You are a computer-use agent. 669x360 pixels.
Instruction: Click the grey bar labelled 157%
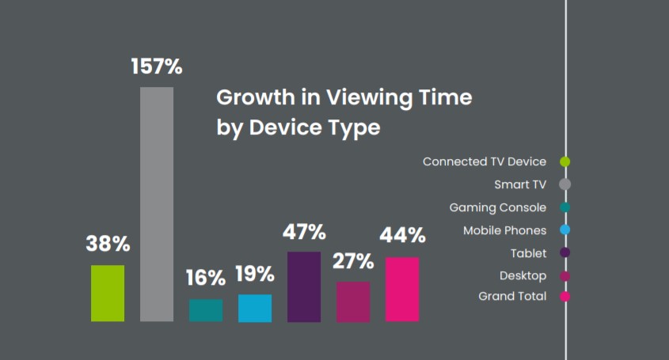(157, 204)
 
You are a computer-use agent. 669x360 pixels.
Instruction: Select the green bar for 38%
(108, 294)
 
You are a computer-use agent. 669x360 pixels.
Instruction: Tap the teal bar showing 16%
(206, 310)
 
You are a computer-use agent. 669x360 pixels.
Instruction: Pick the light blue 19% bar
(255, 308)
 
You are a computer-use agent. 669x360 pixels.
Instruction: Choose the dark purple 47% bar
(304, 286)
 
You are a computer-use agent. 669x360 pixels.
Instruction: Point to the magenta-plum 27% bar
(353, 301)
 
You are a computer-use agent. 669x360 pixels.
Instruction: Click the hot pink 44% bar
(402, 290)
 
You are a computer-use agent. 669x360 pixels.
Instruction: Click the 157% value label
(157, 67)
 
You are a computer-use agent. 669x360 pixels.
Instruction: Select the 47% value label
(304, 232)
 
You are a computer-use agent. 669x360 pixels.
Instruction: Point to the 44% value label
(402, 236)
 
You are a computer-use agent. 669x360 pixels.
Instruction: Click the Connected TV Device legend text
(485, 161)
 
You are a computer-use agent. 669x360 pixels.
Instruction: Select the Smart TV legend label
(520, 184)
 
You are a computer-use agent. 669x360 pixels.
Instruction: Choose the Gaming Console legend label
(498, 207)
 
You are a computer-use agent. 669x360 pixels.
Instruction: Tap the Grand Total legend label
(512, 297)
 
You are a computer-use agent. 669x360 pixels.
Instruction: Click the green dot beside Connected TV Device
(565, 161)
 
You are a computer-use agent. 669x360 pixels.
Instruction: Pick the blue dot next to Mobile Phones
(565, 230)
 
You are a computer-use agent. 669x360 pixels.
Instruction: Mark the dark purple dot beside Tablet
(565, 253)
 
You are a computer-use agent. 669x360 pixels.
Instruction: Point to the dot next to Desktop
(565, 276)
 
